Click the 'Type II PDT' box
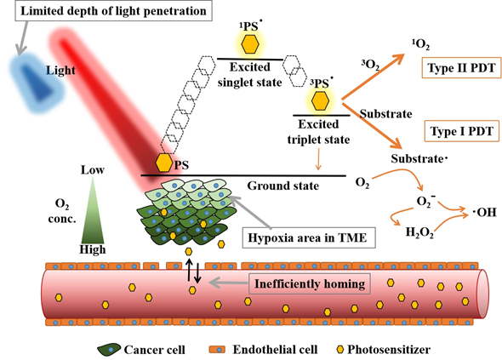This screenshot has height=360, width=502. [x=461, y=67]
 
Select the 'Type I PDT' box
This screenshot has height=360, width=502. [x=461, y=131]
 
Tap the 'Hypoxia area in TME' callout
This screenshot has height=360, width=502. [x=309, y=237]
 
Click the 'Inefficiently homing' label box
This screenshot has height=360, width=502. [x=310, y=283]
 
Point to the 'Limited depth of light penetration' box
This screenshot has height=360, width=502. [x=113, y=10]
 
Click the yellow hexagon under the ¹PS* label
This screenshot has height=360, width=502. [x=250, y=44]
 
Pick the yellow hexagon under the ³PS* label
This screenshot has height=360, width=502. [x=320, y=100]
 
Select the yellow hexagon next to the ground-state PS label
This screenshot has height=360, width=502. [x=164, y=163]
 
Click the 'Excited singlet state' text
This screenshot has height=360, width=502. [x=249, y=75]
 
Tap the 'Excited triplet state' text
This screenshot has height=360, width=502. [x=318, y=132]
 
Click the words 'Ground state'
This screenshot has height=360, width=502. [x=283, y=186]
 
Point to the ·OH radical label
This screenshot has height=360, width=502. [x=485, y=212]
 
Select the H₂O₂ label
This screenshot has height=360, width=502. [x=419, y=231]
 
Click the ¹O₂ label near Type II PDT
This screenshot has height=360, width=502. [x=420, y=44]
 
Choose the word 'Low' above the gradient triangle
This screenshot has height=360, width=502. [x=93, y=169]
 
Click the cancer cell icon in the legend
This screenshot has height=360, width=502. [x=109, y=350]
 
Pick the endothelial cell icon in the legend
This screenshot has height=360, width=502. [x=217, y=350]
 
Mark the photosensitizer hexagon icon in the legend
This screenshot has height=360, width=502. [x=340, y=350]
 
